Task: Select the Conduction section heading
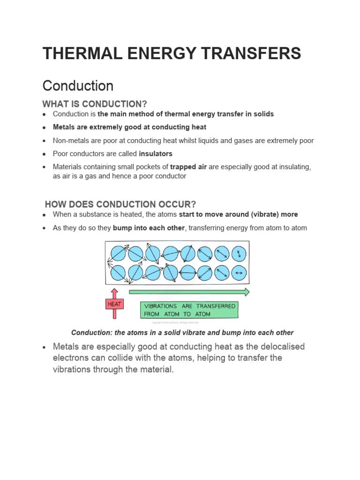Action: pyautogui.click(x=78, y=86)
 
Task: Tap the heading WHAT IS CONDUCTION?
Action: pyautogui.click(x=98, y=104)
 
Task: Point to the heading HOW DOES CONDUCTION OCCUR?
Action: pyautogui.click(x=120, y=204)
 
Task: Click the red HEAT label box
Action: pyautogui.click(x=114, y=305)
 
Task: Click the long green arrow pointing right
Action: pyautogui.click(x=189, y=292)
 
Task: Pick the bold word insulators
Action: pyautogui.click(x=156, y=154)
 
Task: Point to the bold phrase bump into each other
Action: pyautogui.click(x=149, y=228)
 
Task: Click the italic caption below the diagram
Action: pyautogui.click(x=182, y=332)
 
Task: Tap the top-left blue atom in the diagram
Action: pyautogui.click(x=118, y=254)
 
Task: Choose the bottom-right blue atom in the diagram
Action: pyautogui.click(x=239, y=272)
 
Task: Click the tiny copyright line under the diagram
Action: pyautogui.click(x=175, y=322)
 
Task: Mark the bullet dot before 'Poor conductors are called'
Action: pyautogui.click(x=44, y=154)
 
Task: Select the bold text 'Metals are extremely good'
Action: pyautogui.click(x=96, y=127)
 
